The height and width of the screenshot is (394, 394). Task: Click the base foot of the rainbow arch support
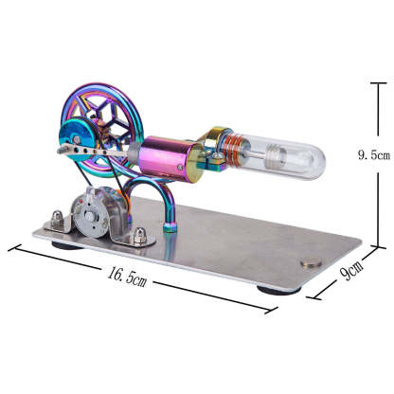[170, 225]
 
